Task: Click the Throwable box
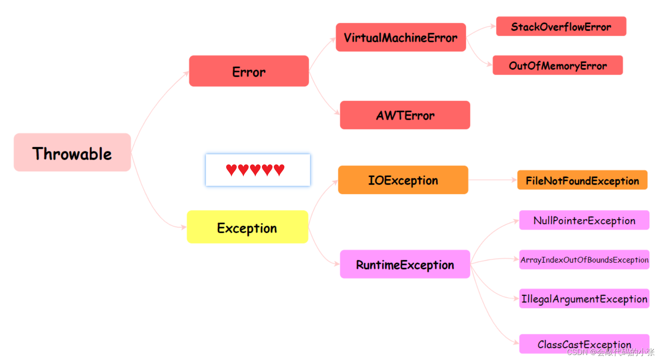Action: pos(72,152)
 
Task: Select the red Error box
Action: pos(249,71)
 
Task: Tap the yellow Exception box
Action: pos(247,227)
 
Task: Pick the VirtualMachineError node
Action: pos(401,37)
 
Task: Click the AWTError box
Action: pos(405,115)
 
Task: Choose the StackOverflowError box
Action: pos(561,26)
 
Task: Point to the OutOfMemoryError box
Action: pos(557,65)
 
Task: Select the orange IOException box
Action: pos(403,180)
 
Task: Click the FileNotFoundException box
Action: pos(582,180)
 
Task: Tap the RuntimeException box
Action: pos(405,264)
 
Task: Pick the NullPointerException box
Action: pos(584,220)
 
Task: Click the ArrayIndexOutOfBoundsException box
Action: pos(584,260)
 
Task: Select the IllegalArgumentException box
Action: pos(584,299)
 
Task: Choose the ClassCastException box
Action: pos(584,343)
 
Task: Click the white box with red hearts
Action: pos(258,170)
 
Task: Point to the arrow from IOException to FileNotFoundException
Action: pos(492,180)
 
